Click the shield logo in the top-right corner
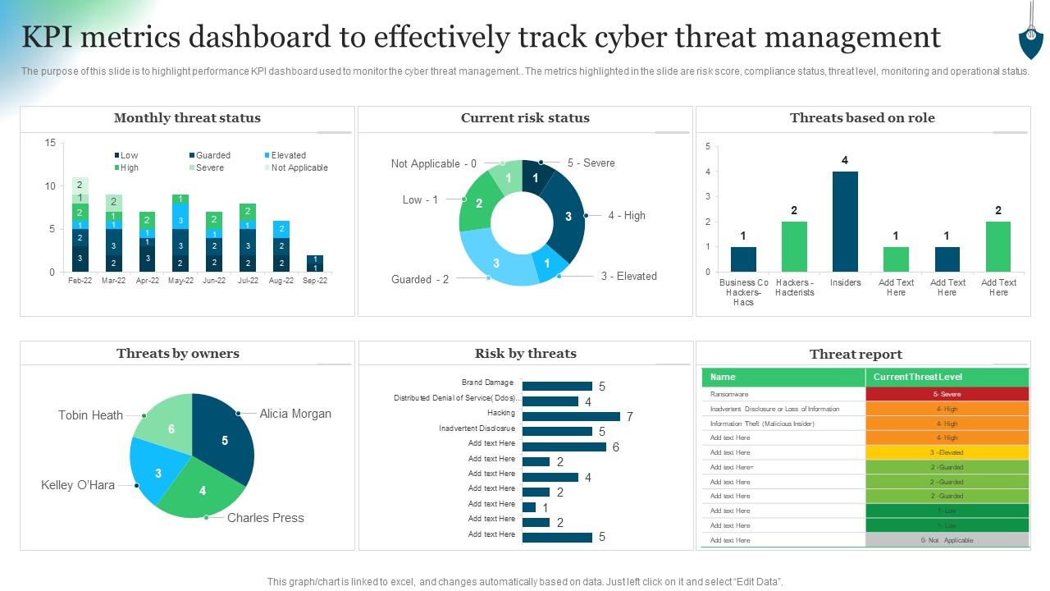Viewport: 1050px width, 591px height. pyautogui.click(x=1030, y=37)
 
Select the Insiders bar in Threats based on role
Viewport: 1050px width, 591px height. pyautogui.click(x=845, y=222)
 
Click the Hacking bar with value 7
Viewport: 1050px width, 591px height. pyautogui.click(x=571, y=416)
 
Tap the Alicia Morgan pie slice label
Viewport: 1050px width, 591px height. pyautogui.click(x=295, y=414)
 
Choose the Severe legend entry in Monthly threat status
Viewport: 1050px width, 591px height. pyautogui.click(x=209, y=167)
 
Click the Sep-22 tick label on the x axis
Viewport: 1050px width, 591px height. pyautogui.click(x=314, y=281)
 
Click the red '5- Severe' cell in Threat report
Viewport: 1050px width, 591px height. pyautogui.click(x=947, y=394)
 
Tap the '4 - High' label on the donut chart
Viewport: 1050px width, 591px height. pyautogui.click(x=627, y=215)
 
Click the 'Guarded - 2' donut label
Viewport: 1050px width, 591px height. pyautogui.click(x=420, y=279)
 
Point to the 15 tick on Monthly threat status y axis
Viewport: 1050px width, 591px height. pyautogui.click(x=51, y=143)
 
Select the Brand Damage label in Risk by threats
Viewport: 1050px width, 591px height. pyautogui.click(x=487, y=383)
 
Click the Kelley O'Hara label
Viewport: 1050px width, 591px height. pyautogui.click(x=78, y=485)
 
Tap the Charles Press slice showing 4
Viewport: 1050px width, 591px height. pyautogui.click(x=201, y=490)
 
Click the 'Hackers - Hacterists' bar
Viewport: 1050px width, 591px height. pyautogui.click(x=794, y=246)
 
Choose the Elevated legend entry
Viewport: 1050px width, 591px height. pyautogui.click(x=288, y=155)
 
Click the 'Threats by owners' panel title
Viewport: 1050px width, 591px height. pyautogui.click(x=178, y=354)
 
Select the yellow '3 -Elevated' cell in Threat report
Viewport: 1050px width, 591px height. pyautogui.click(x=947, y=452)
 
